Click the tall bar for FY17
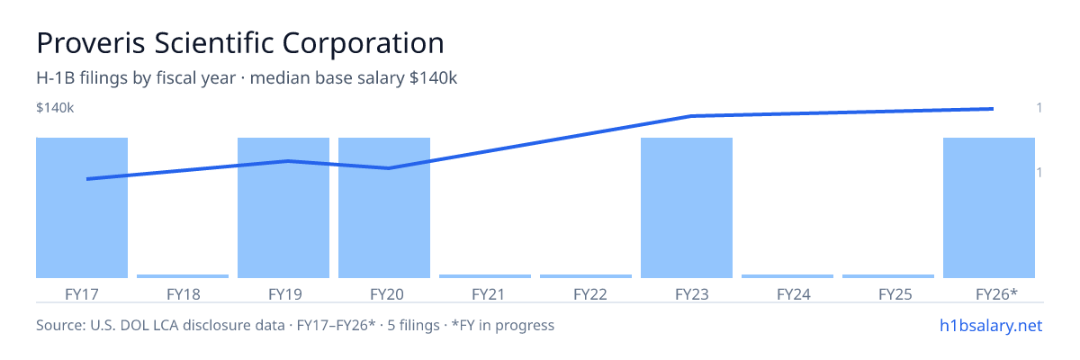tap(82, 208)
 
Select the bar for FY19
tap(283, 208)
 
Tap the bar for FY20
tap(384, 208)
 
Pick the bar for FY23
tap(687, 208)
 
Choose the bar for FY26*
tap(989, 208)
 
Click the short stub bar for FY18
tap(183, 276)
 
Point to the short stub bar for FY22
tap(586, 276)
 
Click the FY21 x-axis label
tap(488, 294)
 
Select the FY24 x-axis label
tap(794, 294)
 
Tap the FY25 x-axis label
tap(895, 294)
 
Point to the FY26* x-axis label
tap(996, 294)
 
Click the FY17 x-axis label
tap(82, 294)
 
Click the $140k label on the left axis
tap(55, 108)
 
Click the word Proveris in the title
tap(91, 43)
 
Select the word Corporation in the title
tap(363, 43)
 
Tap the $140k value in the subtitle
tap(433, 78)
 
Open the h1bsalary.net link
tap(991, 326)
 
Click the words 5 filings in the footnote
tap(414, 326)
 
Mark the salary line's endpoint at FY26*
tap(993, 109)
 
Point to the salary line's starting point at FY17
tap(88, 179)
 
